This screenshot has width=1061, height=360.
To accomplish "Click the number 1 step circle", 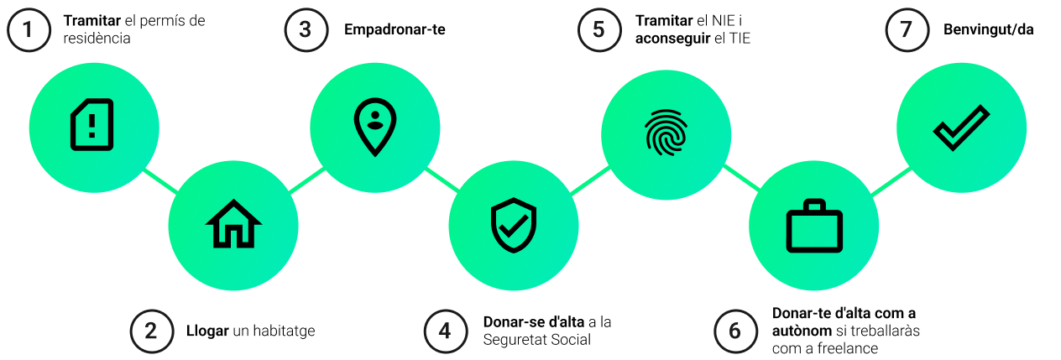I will coord(29,29).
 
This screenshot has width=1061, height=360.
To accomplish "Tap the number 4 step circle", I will coord(445,331).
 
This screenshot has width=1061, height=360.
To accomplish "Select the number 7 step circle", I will coord(907,29).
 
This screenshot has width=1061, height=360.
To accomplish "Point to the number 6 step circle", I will coord(735,331).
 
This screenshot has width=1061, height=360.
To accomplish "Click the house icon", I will coord(233,224).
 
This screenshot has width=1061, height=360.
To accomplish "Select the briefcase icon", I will coord(813,226).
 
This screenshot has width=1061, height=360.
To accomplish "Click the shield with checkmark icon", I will coord(514,225).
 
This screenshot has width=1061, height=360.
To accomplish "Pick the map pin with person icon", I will coord(375,127).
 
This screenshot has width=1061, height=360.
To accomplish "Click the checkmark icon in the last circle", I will coord(961,128).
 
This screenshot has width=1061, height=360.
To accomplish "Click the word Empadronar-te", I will coord(395,30).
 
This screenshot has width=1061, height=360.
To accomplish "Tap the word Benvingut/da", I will coord(989,30).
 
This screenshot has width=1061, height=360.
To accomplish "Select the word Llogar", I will coord(207,331).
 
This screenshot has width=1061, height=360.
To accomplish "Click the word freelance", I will coord(848,348).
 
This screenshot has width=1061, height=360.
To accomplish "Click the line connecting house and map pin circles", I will coord(306,180).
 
